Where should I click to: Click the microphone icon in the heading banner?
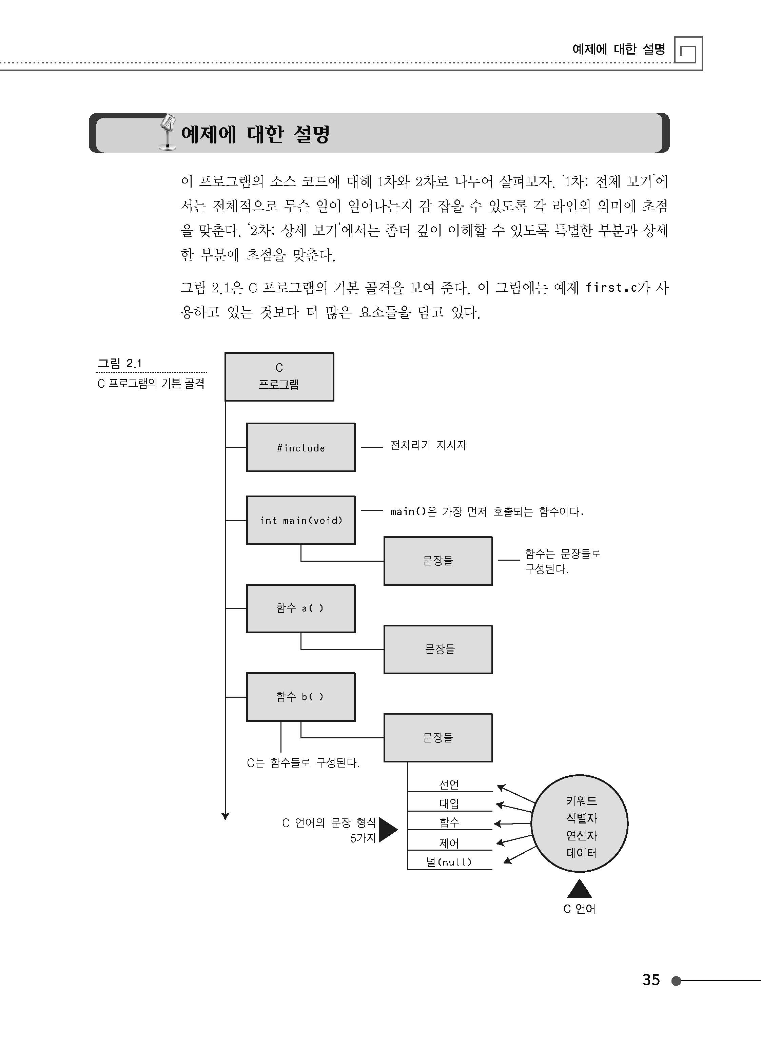click(x=168, y=133)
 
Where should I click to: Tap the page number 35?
click(x=651, y=979)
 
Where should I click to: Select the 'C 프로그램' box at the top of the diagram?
click(x=279, y=377)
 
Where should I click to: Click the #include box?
click(x=301, y=447)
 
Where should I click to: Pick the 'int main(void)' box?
click(x=301, y=520)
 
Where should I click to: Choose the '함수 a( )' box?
click(x=301, y=608)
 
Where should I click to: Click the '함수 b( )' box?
click(x=301, y=697)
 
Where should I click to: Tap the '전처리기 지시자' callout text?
click(x=428, y=445)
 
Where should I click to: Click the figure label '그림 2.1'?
click(x=119, y=364)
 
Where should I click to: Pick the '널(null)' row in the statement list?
click(x=449, y=862)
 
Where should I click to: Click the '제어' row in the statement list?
click(x=449, y=843)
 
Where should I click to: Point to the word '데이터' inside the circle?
click(x=582, y=853)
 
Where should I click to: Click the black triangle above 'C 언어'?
click(x=580, y=889)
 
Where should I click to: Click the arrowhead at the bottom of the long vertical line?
click(x=225, y=816)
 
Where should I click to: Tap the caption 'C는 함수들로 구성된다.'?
click(x=303, y=763)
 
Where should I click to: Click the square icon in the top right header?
click(x=688, y=51)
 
